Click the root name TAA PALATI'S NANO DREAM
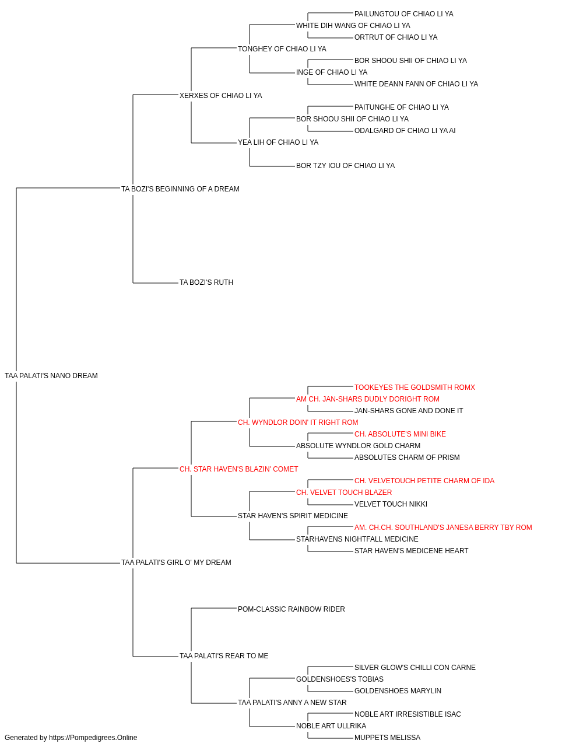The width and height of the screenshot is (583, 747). (x=51, y=376)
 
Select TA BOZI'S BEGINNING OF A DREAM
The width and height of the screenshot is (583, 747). (x=180, y=189)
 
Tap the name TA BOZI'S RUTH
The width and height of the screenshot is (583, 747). (x=206, y=282)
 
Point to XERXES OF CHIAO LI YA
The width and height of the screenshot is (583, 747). (x=221, y=96)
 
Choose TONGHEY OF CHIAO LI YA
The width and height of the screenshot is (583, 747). (x=282, y=49)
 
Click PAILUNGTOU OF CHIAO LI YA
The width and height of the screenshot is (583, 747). (x=404, y=14)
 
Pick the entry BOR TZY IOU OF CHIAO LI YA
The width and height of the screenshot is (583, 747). (x=345, y=166)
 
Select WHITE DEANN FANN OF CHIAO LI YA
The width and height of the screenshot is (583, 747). (x=416, y=84)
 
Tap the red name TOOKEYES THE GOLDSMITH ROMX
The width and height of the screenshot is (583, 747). (x=415, y=388)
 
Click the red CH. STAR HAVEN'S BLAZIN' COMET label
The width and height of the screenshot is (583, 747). (x=238, y=469)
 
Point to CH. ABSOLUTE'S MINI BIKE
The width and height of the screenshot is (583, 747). (x=400, y=434)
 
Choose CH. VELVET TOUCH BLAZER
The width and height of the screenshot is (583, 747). (x=344, y=493)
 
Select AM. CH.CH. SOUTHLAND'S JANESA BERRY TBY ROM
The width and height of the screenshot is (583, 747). (x=443, y=528)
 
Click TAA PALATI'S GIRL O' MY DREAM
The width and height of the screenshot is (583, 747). (x=176, y=563)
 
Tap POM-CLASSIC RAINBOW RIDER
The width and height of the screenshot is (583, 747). (x=291, y=609)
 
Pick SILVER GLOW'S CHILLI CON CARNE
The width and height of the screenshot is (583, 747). (x=415, y=668)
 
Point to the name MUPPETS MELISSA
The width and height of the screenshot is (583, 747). (x=387, y=738)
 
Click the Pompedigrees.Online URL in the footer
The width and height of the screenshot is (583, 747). (x=93, y=738)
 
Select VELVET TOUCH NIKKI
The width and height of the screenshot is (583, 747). (x=391, y=504)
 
